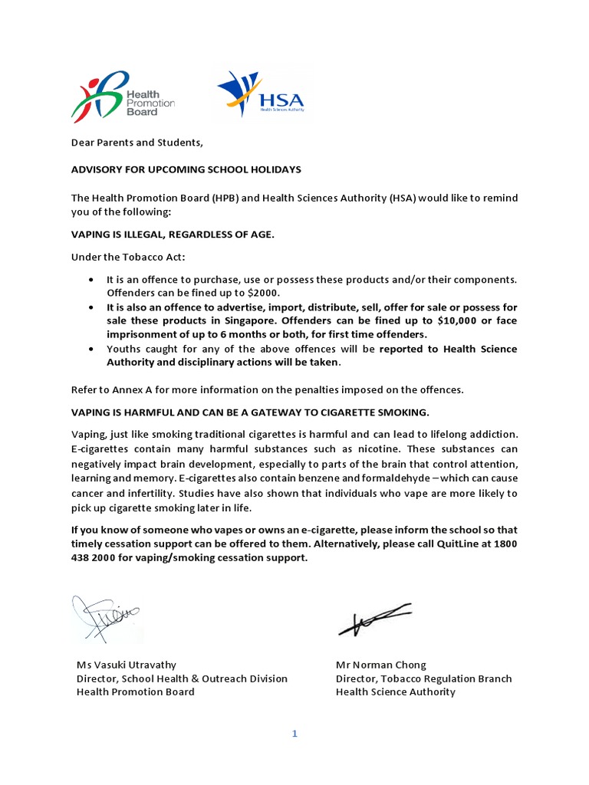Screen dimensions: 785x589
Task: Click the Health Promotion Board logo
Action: (123, 96)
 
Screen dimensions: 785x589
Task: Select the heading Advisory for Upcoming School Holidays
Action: (186, 169)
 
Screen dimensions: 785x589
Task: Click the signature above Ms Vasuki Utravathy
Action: (107, 617)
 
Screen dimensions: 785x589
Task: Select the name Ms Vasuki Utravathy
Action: (131, 665)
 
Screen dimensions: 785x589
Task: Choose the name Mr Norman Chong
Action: (380, 665)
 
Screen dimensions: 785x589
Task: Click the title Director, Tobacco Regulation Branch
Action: (423, 678)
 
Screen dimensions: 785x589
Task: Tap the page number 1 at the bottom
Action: (294, 734)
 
